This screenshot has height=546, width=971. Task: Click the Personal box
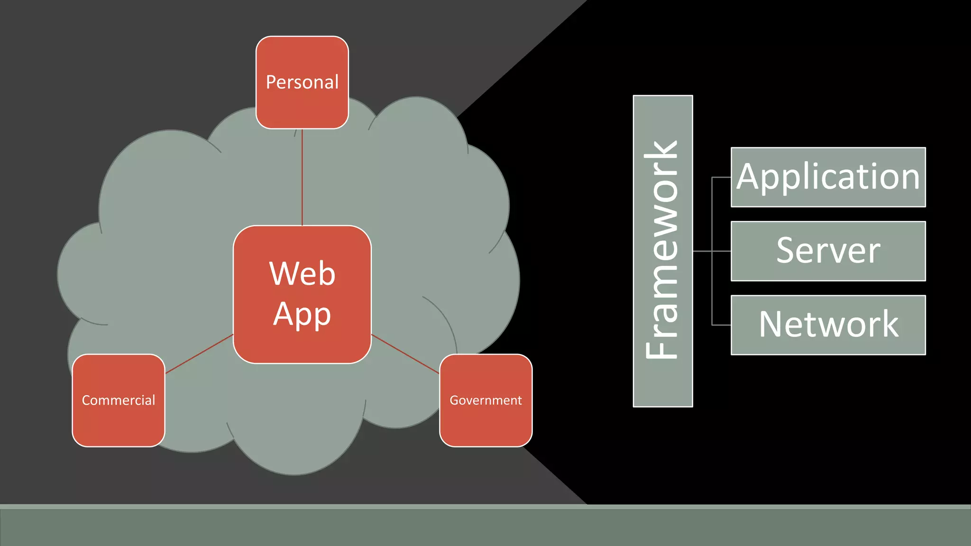[x=302, y=82]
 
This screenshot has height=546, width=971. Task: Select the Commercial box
[x=119, y=400]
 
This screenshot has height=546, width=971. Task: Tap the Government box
[x=485, y=400]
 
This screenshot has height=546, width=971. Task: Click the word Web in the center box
[x=302, y=273]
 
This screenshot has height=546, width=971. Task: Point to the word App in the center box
[x=302, y=314]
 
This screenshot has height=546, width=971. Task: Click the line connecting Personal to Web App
[x=302, y=178]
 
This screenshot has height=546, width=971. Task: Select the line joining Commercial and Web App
[x=199, y=354]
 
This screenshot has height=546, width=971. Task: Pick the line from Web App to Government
[x=405, y=354]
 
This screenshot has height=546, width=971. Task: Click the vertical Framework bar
[x=662, y=251]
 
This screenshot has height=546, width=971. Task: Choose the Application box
[x=828, y=177]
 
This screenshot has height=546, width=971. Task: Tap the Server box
[x=828, y=251]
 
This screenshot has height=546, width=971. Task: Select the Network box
[x=828, y=325]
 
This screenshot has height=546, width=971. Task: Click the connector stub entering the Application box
[x=722, y=178]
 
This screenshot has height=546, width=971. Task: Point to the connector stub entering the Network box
[x=722, y=325]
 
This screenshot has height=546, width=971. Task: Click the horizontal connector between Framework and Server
[x=703, y=251]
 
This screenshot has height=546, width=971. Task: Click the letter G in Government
[x=454, y=400]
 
